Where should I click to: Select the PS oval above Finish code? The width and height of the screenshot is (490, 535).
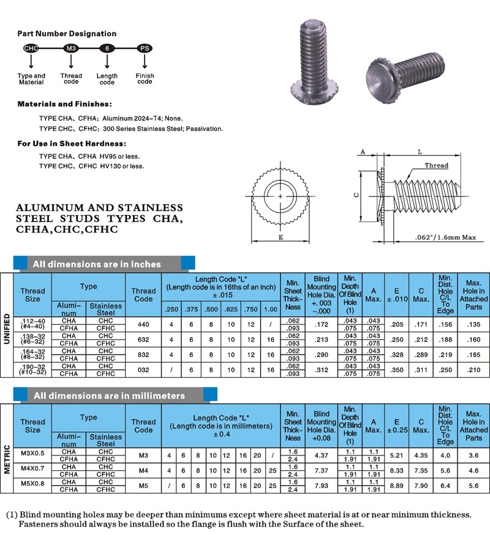(143, 48)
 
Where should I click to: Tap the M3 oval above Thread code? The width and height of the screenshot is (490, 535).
(72, 48)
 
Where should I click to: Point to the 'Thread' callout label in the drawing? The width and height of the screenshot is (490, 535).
(437, 165)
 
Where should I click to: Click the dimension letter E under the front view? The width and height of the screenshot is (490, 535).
(281, 236)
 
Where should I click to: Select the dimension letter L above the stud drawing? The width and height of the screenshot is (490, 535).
(420, 151)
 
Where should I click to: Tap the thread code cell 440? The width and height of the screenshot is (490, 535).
(143, 323)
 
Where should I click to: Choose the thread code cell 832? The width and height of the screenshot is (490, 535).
(143, 354)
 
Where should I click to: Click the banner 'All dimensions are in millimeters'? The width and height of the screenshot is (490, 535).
(109, 396)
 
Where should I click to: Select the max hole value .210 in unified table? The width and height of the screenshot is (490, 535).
(473, 370)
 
